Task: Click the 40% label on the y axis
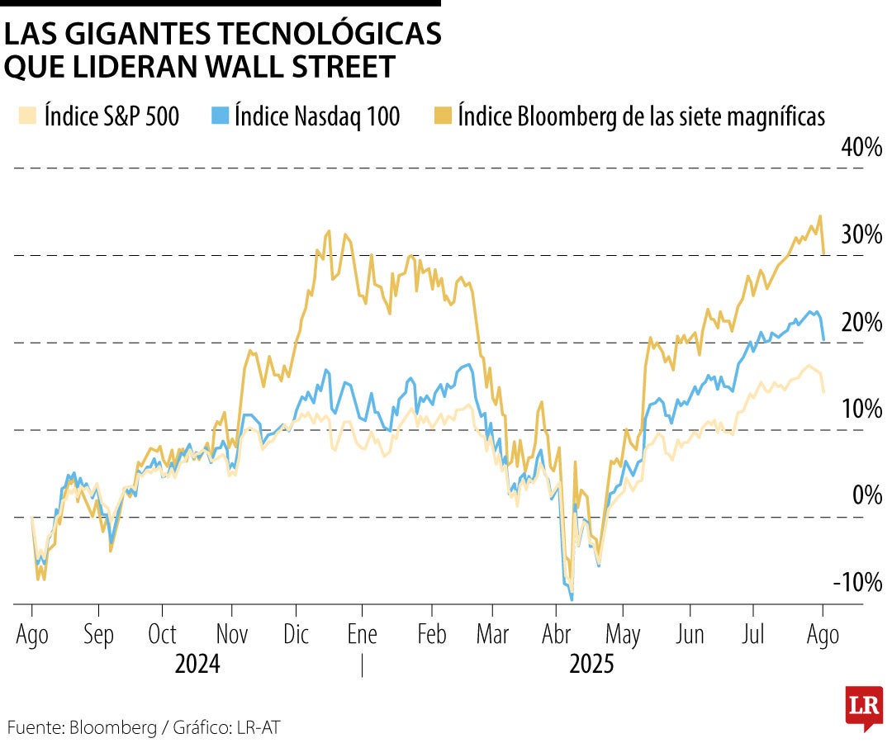point(862,148)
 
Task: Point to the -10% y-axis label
point(859,582)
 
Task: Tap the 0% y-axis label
point(867,495)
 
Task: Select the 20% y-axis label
point(862,322)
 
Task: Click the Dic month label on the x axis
point(296,634)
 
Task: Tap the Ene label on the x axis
point(362,634)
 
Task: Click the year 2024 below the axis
point(197,664)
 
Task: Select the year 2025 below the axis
point(592,664)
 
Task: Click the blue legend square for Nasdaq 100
point(219,116)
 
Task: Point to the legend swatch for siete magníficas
point(443,116)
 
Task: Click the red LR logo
point(864,708)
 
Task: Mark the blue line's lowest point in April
point(572,599)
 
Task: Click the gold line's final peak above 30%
point(819,216)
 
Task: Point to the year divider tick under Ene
point(362,665)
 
